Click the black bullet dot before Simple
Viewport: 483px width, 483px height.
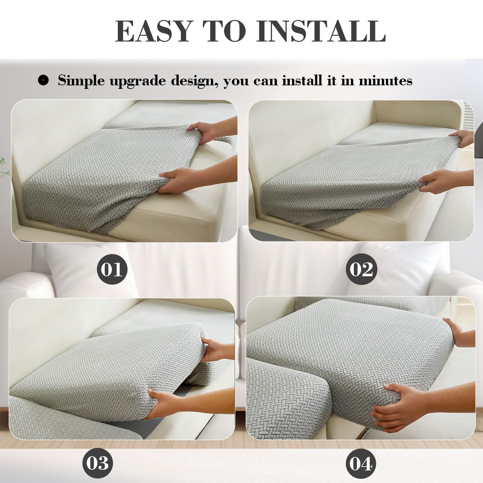click(43, 80)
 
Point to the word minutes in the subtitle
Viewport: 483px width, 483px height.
click(385, 80)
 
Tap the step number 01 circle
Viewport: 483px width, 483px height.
click(112, 269)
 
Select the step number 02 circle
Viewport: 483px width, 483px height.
click(361, 269)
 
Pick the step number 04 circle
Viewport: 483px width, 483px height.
click(361, 464)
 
